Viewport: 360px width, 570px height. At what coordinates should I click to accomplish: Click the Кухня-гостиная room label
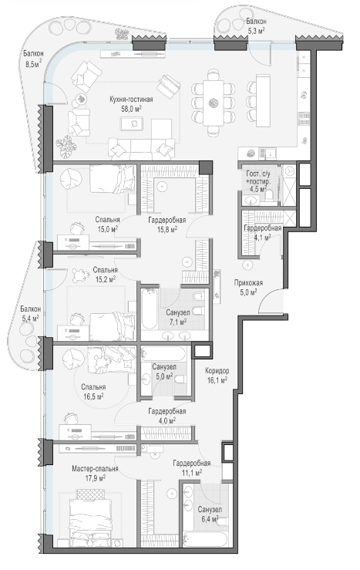pyautogui.click(x=131, y=99)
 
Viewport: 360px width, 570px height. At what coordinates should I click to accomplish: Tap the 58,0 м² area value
pyautogui.click(x=131, y=108)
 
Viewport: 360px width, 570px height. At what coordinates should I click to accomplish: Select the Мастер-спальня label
pyautogui.click(x=95, y=469)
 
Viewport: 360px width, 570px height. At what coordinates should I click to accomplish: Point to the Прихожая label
pyautogui.click(x=248, y=283)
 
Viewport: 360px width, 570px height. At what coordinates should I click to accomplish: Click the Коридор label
pyautogui.click(x=217, y=371)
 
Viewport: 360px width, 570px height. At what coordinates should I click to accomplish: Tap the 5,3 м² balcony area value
pyautogui.click(x=256, y=31)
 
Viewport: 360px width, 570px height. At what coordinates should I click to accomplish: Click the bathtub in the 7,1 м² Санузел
pyautogui.click(x=150, y=309)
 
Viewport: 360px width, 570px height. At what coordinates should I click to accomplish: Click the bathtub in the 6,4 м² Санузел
pyautogui.click(x=206, y=539)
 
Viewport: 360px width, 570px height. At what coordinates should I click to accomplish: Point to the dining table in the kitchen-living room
pyautogui.click(x=214, y=103)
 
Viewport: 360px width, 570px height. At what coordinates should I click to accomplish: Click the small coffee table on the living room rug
pyautogui.click(x=132, y=123)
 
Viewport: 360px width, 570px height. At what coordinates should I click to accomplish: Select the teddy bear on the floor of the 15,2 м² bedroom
pyautogui.click(x=78, y=275)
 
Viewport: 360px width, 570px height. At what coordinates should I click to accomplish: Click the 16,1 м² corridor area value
pyautogui.click(x=217, y=380)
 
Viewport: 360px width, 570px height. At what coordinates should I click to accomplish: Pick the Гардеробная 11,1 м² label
pyautogui.click(x=192, y=464)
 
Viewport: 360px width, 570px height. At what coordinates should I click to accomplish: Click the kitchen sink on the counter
pyautogui.click(x=267, y=153)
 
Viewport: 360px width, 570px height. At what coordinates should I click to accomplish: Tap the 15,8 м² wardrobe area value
pyautogui.click(x=167, y=229)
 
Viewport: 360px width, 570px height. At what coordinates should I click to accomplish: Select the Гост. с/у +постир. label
pyautogui.click(x=258, y=177)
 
